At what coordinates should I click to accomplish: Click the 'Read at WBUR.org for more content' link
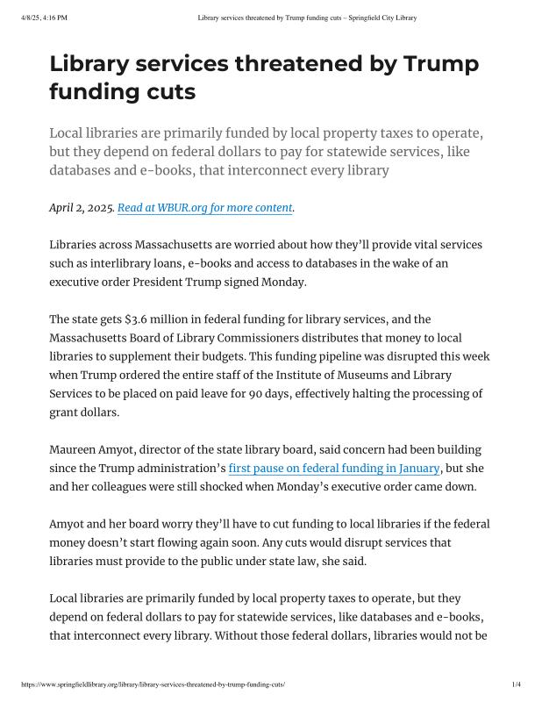tap(205, 208)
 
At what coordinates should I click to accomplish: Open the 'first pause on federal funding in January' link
tap(333, 469)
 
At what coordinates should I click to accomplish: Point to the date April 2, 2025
tap(82, 208)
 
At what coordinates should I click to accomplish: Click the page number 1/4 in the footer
tap(517, 684)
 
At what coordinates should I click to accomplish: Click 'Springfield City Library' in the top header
tap(379, 18)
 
